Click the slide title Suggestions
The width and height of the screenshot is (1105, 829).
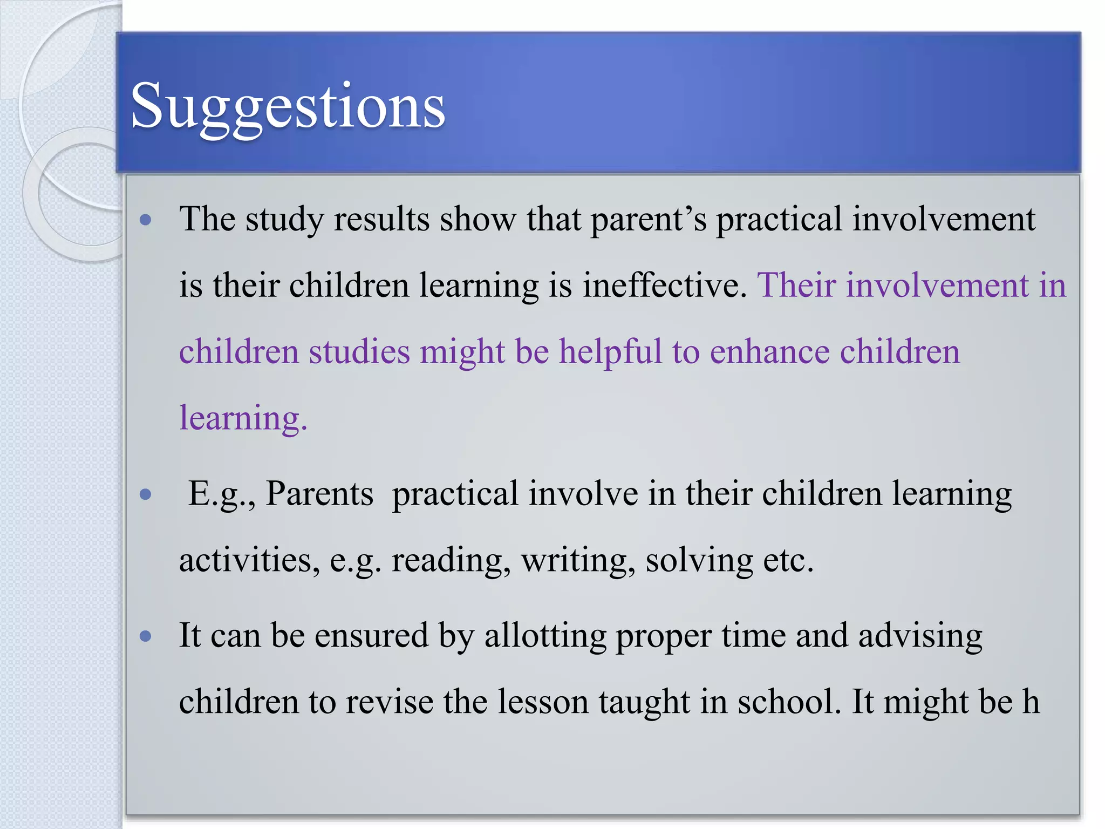(288, 106)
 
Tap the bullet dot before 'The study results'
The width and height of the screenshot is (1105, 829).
(145, 220)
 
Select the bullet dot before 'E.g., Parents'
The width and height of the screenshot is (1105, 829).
(145, 494)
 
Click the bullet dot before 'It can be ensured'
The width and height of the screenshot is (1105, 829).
(145, 636)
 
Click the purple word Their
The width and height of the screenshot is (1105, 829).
(796, 285)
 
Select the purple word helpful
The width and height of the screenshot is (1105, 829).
(610, 352)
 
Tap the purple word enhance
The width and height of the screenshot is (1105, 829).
(769, 352)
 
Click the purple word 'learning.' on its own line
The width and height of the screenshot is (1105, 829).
(243, 418)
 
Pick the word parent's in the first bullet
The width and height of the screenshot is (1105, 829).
(649, 220)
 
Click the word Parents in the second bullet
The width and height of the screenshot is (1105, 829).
(319, 494)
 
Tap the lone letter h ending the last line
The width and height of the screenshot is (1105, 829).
(1031, 702)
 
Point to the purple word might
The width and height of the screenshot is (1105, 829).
(462, 352)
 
